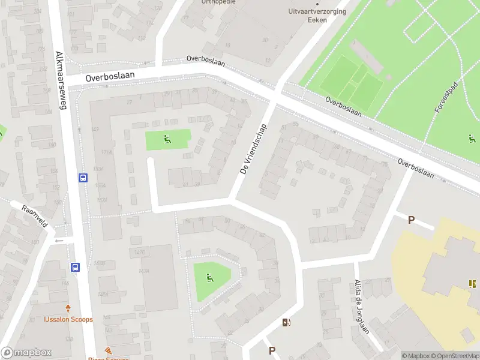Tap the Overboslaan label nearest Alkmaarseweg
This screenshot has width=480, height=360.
point(110,77)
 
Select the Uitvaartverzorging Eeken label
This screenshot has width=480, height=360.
point(317,15)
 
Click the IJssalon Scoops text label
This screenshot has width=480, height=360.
point(68,319)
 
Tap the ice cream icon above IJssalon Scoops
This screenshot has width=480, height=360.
point(68,308)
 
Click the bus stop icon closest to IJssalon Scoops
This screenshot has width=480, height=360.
point(76,267)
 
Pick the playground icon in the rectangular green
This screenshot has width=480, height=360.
point(167,140)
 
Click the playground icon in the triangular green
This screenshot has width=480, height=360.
point(210,277)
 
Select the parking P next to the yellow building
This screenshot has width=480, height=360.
point(411,220)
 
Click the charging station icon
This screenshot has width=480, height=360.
point(287,323)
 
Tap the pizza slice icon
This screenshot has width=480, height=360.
point(108,350)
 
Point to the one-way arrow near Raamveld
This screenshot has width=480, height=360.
point(59,240)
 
